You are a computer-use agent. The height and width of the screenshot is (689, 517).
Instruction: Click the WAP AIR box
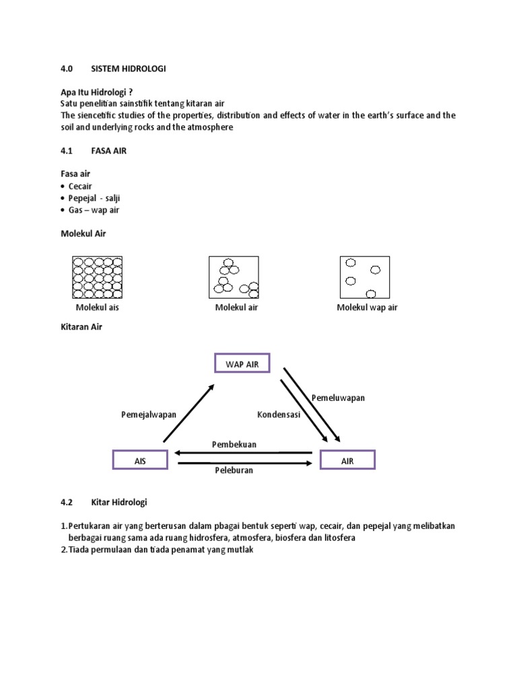click(242, 363)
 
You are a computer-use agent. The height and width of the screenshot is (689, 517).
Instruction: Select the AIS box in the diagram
click(140, 460)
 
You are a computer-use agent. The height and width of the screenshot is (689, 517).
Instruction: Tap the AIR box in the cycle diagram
click(347, 460)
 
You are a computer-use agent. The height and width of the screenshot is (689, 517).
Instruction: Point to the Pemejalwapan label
click(149, 414)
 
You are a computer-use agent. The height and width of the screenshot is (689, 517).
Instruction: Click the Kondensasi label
click(279, 414)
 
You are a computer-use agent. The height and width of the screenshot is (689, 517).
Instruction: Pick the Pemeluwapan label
click(338, 398)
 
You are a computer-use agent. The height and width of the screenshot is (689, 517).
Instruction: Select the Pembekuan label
click(234, 445)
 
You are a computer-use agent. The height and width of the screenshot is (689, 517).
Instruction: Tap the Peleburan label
click(234, 470)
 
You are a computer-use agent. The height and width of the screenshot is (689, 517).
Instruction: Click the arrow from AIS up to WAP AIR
click(188, 413)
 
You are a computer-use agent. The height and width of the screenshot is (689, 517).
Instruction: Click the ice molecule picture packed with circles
click(97, 277)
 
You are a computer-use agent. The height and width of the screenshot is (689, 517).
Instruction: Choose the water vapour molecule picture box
click(364, 277)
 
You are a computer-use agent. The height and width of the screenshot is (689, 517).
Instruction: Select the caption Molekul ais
click(97, 307)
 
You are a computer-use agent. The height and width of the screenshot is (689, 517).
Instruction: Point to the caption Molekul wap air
click(368, 307)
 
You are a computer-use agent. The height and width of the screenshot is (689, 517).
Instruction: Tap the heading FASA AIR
click(108, 151)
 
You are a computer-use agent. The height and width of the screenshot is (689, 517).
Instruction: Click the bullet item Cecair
click(80, 186)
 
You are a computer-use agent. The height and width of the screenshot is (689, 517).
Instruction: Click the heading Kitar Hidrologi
click(119, 502)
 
